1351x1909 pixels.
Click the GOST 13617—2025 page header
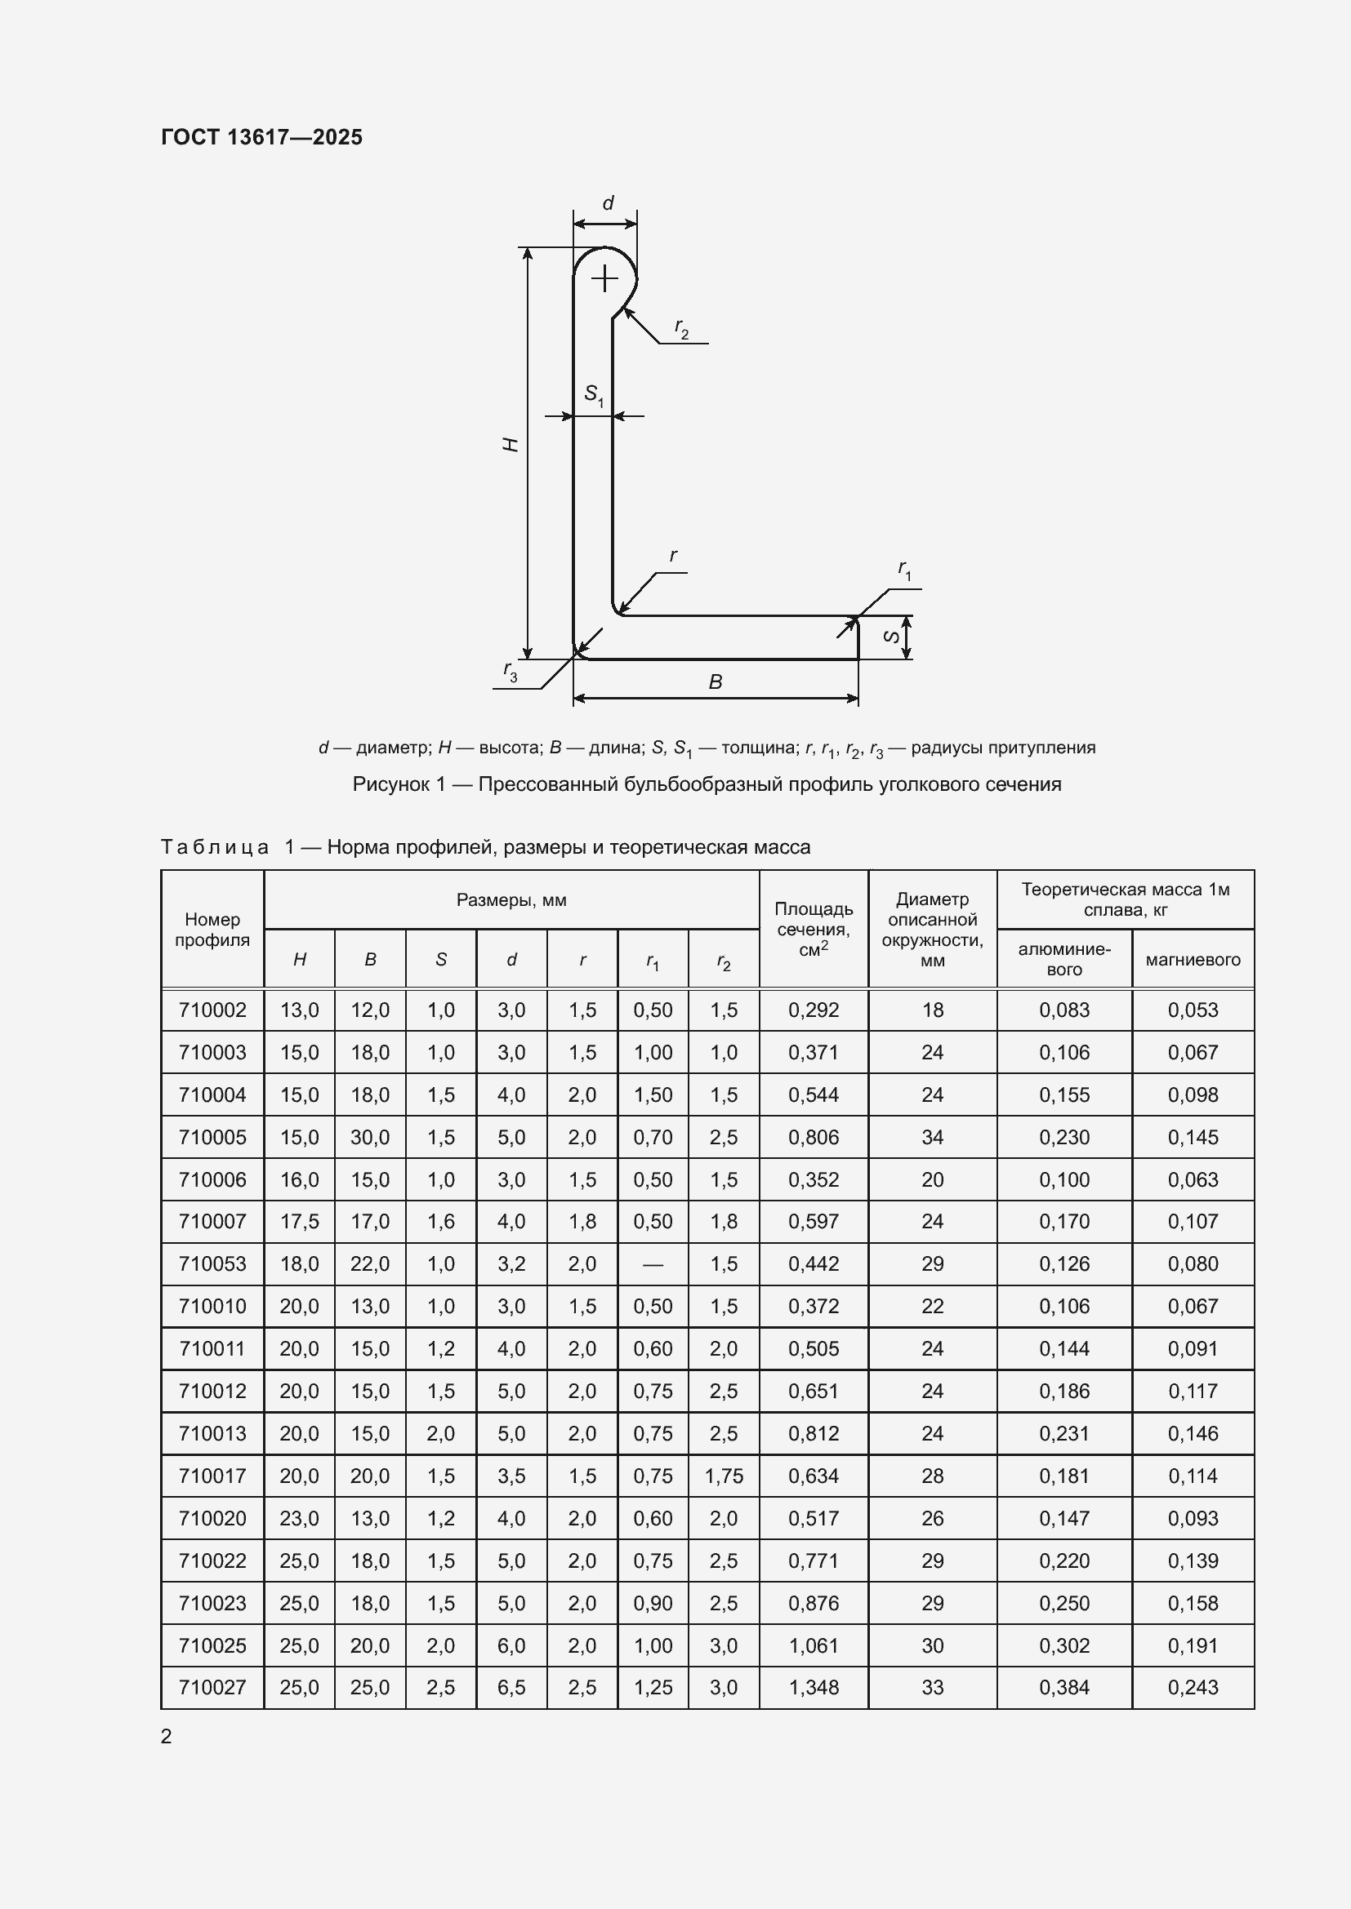[x=261, y=137]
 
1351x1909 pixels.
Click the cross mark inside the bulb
[x=604, y=277]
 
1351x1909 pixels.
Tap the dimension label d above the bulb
[x=609, y=204]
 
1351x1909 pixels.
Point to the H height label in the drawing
[x=511, y=445]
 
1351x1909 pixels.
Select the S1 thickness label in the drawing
[x=593, y=394]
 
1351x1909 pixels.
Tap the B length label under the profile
[x=715, y=682]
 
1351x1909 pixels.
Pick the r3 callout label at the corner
[x=510, y=671]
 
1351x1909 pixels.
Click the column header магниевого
[x=1192, y=960]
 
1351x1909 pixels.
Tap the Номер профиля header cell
[x=212, y=930]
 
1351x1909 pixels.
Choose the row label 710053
[x=212, y=1263]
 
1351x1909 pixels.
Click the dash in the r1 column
[x=653, y=1264]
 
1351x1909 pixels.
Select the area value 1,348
[x=813, y=1688]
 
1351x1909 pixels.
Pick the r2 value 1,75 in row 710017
[x=724, y=1476]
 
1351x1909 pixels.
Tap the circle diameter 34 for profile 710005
[x=932, y=1137]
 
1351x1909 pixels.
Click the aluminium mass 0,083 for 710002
[x=1063, y=1010]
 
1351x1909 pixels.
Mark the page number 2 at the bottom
[x=167, y=1737]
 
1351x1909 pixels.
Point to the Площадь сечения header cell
[x=813, y=930]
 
